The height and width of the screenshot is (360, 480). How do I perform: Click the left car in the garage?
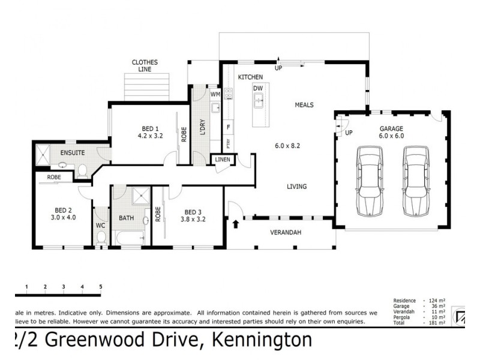pyautogui.click(x=370, y=181)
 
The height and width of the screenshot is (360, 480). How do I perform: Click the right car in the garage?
pyautogui.click(x=415, y=181)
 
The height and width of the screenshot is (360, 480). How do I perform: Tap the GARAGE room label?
pyautogui.click(x=391, y=128)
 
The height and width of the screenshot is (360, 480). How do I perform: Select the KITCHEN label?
pyautogui.click(x=250, y=78)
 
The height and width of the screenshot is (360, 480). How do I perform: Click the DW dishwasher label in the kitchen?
pyautogui.click(x=258, y=89)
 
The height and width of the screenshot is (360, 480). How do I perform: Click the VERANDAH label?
pyautogui.click(x=285, y=232)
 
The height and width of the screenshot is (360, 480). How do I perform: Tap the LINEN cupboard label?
pyautogui.click(x=223, y=160)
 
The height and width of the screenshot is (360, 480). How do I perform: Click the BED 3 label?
pyautogui.click(x=193, y=212)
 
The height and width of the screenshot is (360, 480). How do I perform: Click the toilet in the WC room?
pyautogui.click(x=101, y=238)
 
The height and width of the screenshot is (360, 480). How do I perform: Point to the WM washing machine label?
pyautogui.click(x=214, y=95)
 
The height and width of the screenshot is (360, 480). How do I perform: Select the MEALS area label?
pyautogui.click(x=304, y=105)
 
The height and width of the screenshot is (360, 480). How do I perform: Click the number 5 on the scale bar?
pyautogui.click(x=101, y=286)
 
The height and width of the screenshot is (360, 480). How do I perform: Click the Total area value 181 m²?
pyautogui.click(x=437, y=323)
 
